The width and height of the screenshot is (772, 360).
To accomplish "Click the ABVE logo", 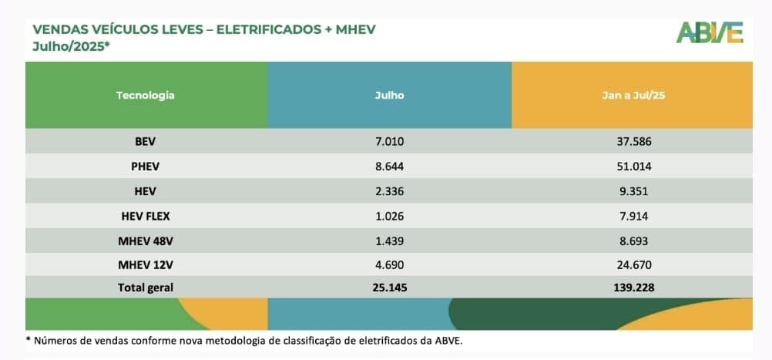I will (710, 32).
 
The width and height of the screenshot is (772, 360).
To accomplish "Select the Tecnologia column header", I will (146, 96).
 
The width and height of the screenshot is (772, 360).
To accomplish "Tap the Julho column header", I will (389, 96).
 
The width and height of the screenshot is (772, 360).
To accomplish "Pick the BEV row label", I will (145, 142).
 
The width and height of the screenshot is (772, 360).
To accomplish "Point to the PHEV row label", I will (145, 166).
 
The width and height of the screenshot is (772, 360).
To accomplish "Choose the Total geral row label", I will (146, 288).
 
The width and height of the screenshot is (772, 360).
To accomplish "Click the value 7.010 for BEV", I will (389, 142).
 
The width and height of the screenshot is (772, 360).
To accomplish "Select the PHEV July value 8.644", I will (389, 166).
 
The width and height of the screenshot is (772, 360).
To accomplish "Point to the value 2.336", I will (389, 190).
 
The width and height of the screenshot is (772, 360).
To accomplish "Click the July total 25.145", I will (389, 288).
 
